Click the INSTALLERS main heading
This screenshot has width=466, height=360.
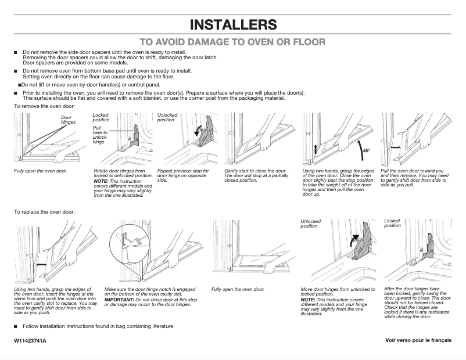point(233,24)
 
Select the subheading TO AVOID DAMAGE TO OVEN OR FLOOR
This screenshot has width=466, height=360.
point(233,42)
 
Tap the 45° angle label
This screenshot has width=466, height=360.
point(366,150)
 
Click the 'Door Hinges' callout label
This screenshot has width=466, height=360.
point(68,120)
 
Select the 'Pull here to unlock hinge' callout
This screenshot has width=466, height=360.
point(100,134)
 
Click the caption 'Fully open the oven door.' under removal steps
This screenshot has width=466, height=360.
point(41,171)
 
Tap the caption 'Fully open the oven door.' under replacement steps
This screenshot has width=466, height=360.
point(238,289)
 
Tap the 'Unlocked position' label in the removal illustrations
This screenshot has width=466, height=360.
point(167,117)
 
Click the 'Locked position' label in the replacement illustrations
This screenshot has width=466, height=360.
point(392,223)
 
